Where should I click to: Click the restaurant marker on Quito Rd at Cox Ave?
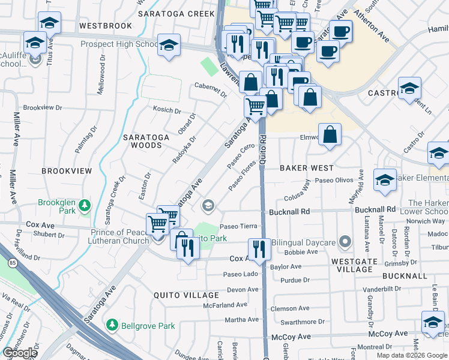[259, 248]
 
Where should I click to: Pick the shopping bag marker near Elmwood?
[330, 135]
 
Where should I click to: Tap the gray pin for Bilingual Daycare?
[345, 242]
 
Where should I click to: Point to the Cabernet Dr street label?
[211, 89]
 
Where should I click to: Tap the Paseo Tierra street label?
[238, 226]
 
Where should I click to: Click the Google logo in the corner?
[20, 353]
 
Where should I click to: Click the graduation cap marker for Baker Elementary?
[385, 179]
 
